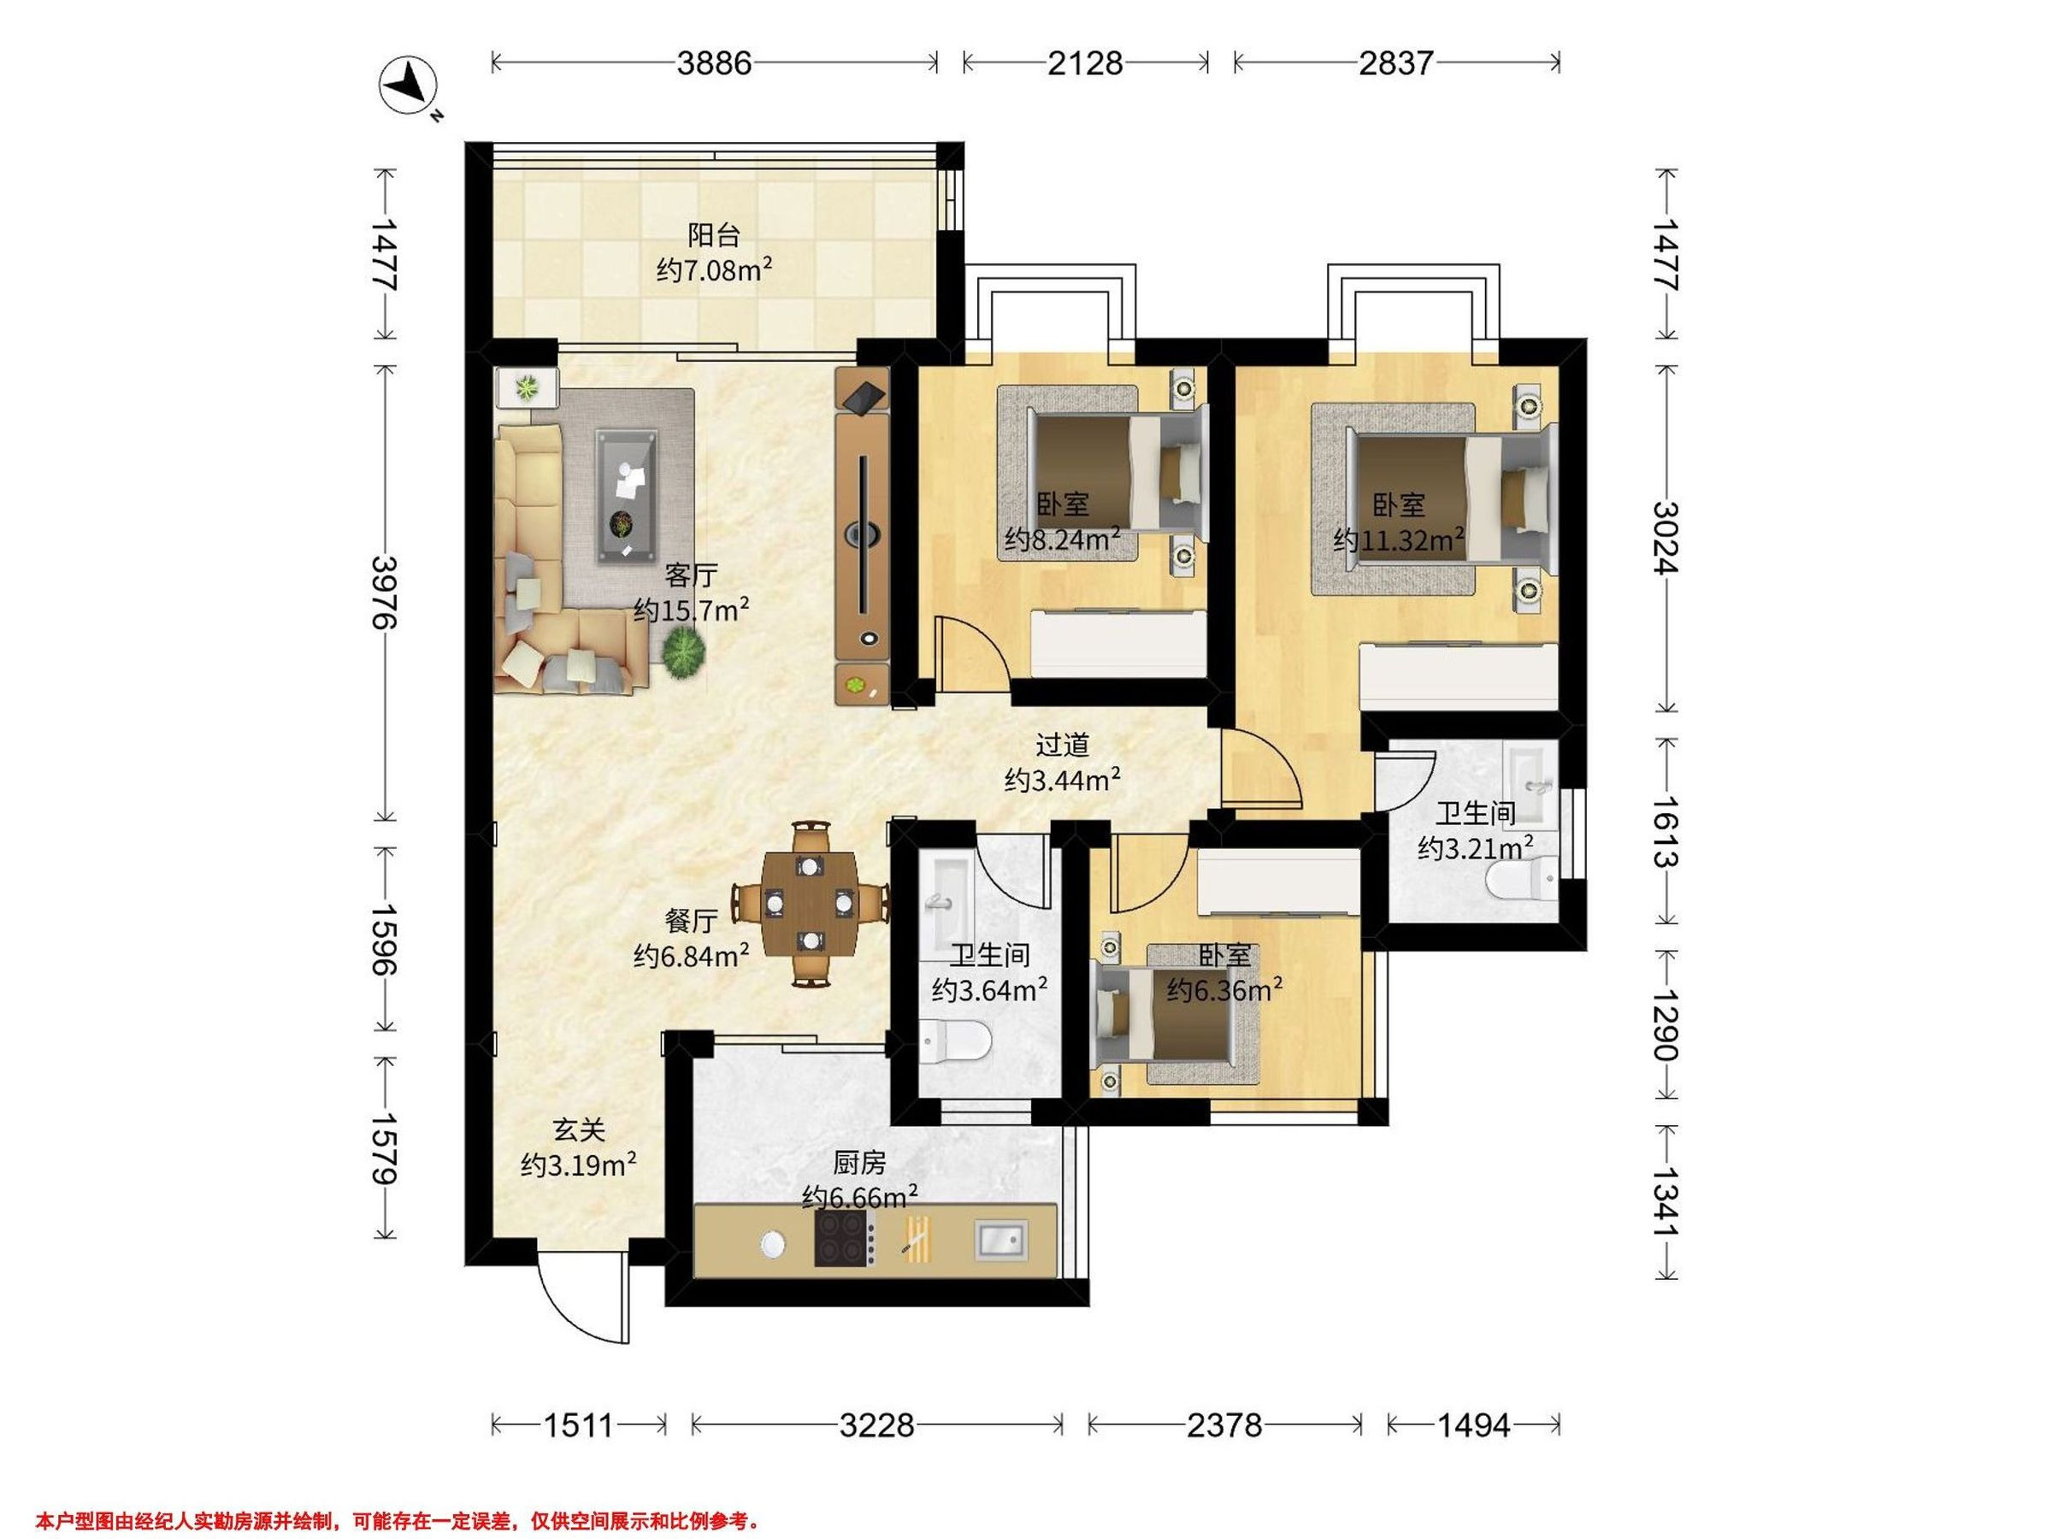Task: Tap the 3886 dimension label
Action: click(x=713, y=63)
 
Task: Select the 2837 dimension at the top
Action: click(x=1396, y=63)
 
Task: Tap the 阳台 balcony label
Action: click(x=713, y=235)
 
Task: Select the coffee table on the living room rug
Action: click(x=626, y=495)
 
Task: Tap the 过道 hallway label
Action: click(x=1062, y=745)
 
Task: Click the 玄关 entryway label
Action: click(x=579, y=1130)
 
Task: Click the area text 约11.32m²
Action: click(x=1399, y=538)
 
